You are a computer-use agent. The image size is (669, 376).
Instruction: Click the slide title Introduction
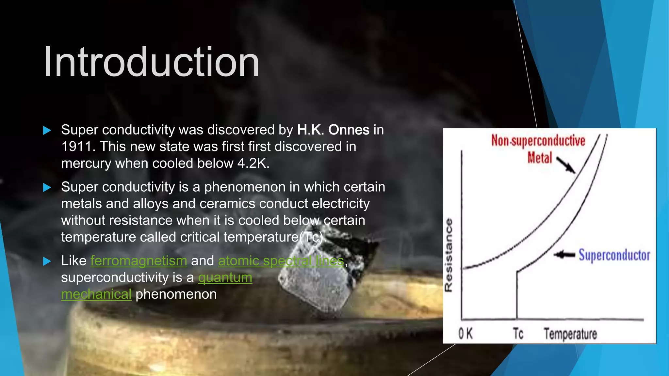[151, 62]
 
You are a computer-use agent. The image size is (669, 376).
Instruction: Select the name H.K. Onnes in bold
[333, 130]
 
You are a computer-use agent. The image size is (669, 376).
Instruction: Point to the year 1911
[77, 147]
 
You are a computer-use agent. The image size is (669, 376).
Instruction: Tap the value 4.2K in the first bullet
[253, 163]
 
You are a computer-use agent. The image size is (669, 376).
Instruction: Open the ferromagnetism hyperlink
[139, 261]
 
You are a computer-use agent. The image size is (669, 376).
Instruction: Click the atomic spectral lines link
[281, 261]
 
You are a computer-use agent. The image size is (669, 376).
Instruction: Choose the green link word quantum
[225, 277]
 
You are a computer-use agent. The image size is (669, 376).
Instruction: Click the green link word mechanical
[96, 294]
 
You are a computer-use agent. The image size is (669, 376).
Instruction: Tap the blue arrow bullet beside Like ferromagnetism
[47, 261]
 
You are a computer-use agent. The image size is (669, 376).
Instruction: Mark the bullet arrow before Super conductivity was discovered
[47, 131]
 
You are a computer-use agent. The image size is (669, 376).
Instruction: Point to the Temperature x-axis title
[570, 334]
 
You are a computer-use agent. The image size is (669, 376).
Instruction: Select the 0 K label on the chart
[465, 334]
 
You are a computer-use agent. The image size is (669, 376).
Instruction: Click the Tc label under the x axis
[518, 334]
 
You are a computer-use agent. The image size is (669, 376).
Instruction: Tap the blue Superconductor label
[614, 255]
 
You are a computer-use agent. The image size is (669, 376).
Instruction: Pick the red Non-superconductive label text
[538, 141]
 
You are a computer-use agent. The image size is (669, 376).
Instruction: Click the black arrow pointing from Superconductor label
[564, 255]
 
